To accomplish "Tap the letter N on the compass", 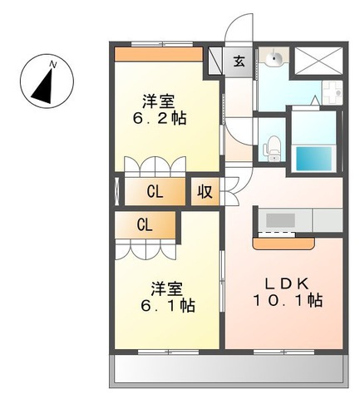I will pyautogui.click(x=52, y=63).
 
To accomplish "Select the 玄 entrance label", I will pyautogui.click(x=239, y=61).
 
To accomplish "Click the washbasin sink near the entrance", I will pyautogui.click(x=273, y=59).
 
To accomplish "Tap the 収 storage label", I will pyautogui.click(x=204, y=191).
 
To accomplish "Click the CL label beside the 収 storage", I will pyautogui.click(x=155, y=192).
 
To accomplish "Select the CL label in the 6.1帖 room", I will pyautogui.click(x=145, y=224).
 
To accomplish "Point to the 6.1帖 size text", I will pyautogui.click(x=167, y=305).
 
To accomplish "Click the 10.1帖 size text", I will pyautogui.click(x=288, y=301).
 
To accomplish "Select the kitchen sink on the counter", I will pyautogui.click(x=279, y=220).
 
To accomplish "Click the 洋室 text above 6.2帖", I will pyautogui.click(x=158, y=101).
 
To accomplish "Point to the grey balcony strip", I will pyautogui.click(x=227, y=369).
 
